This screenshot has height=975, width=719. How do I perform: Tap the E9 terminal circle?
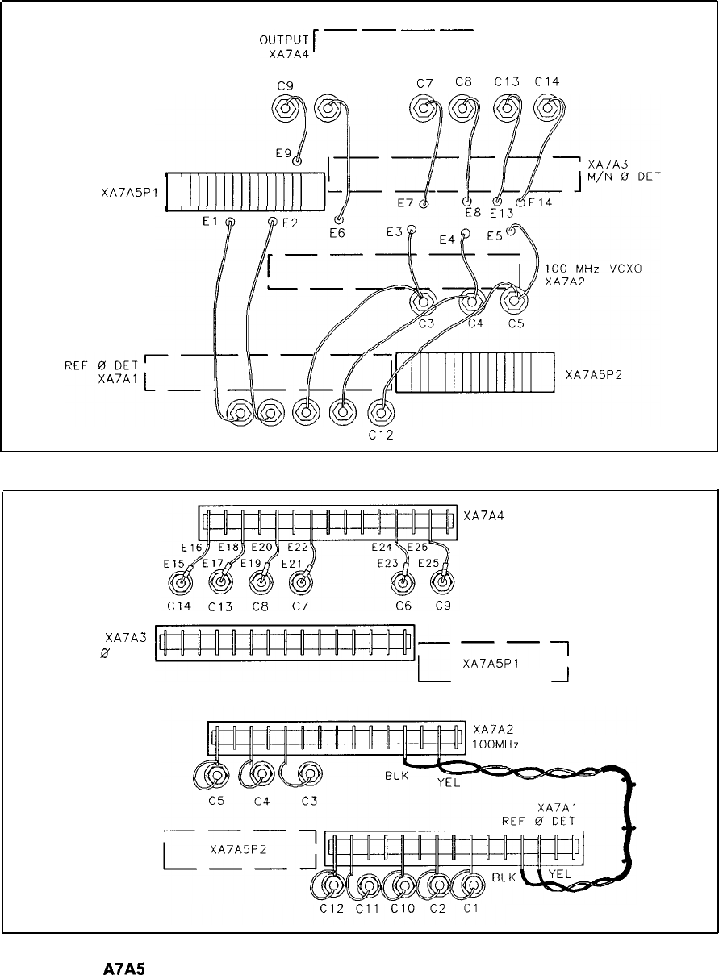(298, 161)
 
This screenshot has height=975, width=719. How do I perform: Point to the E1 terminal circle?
(231, 222)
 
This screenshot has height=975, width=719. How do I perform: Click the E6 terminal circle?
(339, 219)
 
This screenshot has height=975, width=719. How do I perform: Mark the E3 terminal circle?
(412, 231)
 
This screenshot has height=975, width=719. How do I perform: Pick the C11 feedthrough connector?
(369, 886)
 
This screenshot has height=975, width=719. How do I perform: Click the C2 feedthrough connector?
(438, 886)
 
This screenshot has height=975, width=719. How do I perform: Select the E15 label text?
(174, 562)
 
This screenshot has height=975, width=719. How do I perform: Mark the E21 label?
(292, 562)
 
